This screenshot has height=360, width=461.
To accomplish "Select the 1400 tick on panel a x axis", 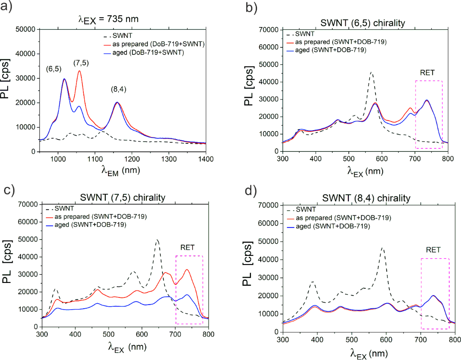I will tap(206, 159).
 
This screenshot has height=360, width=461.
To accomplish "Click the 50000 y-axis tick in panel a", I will tap(25, 29).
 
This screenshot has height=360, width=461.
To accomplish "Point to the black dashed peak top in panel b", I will tap(372, 72).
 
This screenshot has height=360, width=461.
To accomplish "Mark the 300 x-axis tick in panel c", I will tap(42, 334).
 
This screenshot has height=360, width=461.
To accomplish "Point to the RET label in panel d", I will tap(434, 249).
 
